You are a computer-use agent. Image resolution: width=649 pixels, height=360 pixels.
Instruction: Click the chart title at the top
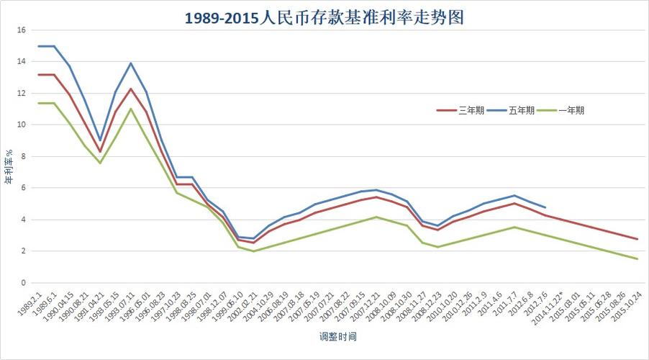[x=324, y=17]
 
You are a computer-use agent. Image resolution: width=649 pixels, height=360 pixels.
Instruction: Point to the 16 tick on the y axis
[x=21, y=30]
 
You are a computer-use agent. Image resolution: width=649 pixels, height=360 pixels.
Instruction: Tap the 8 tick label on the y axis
[x=23, y=156]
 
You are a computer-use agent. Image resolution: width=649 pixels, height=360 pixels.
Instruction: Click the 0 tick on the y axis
[x=23, y=283]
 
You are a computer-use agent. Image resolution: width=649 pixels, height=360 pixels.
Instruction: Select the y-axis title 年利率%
[x=9, y=166]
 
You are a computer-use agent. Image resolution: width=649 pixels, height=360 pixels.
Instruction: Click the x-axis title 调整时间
[x=338, y=336]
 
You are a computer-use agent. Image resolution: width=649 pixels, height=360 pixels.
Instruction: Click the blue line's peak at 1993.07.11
[x=131, y=63]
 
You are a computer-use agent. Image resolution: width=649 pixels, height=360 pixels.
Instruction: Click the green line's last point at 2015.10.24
[x=637, y=259]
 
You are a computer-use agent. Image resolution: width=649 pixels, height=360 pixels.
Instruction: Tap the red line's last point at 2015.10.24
[x=637, y=239]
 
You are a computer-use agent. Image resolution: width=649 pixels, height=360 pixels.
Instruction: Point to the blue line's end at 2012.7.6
[x=545, y=207]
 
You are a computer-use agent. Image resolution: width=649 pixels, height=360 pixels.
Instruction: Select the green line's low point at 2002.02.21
[x=253, y=251]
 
